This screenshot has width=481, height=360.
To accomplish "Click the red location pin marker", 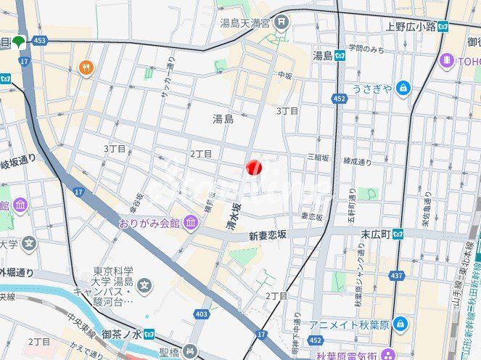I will tap(253, 168).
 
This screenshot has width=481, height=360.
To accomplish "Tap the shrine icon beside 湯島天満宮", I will tap(281, 22).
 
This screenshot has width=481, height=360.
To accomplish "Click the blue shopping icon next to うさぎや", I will tap(403, 89).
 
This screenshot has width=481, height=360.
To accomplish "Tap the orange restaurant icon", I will tap(86, 67).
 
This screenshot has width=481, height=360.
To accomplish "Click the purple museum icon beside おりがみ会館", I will tap(190, 221).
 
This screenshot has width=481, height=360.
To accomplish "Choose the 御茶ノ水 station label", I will tap(115, 334).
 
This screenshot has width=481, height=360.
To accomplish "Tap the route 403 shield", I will tap(202, 314).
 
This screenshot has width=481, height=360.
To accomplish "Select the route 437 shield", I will tap(397, 276).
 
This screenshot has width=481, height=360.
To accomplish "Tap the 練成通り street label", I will tap(357, 161).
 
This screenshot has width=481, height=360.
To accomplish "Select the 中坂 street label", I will tap(284, 74).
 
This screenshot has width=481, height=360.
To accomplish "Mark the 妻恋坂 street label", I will tap(312, 216).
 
